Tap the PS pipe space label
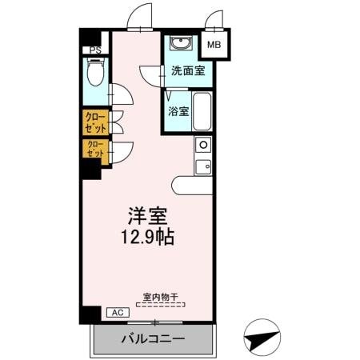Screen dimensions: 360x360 pyautogui.click(x=95, y=50)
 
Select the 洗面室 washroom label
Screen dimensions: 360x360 pyautogui.click(x=187, y=70)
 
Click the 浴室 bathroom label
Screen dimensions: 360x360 pyautogui.click(x=178, y=111)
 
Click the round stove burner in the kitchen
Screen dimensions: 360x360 pyautogui.click(x=203, y=146)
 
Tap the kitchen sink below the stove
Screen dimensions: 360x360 pyautogui.click(x=203, y=166)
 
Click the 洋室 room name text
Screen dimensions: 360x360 pyautogui.click(x=149, y=217)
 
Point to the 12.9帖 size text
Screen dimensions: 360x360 pyautogui.click(x=149, y=238)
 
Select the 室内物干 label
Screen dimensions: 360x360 pyautogui.click(x=161, y=297)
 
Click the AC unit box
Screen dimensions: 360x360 pyautogui.click(x=116, y=313)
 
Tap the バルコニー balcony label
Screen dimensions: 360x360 pyautogui.click(x=154, y=338)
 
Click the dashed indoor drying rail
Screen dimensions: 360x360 pyautogui.click(x=161, y=305)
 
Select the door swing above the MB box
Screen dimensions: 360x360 pyautogui.click(x=215, y=20)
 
